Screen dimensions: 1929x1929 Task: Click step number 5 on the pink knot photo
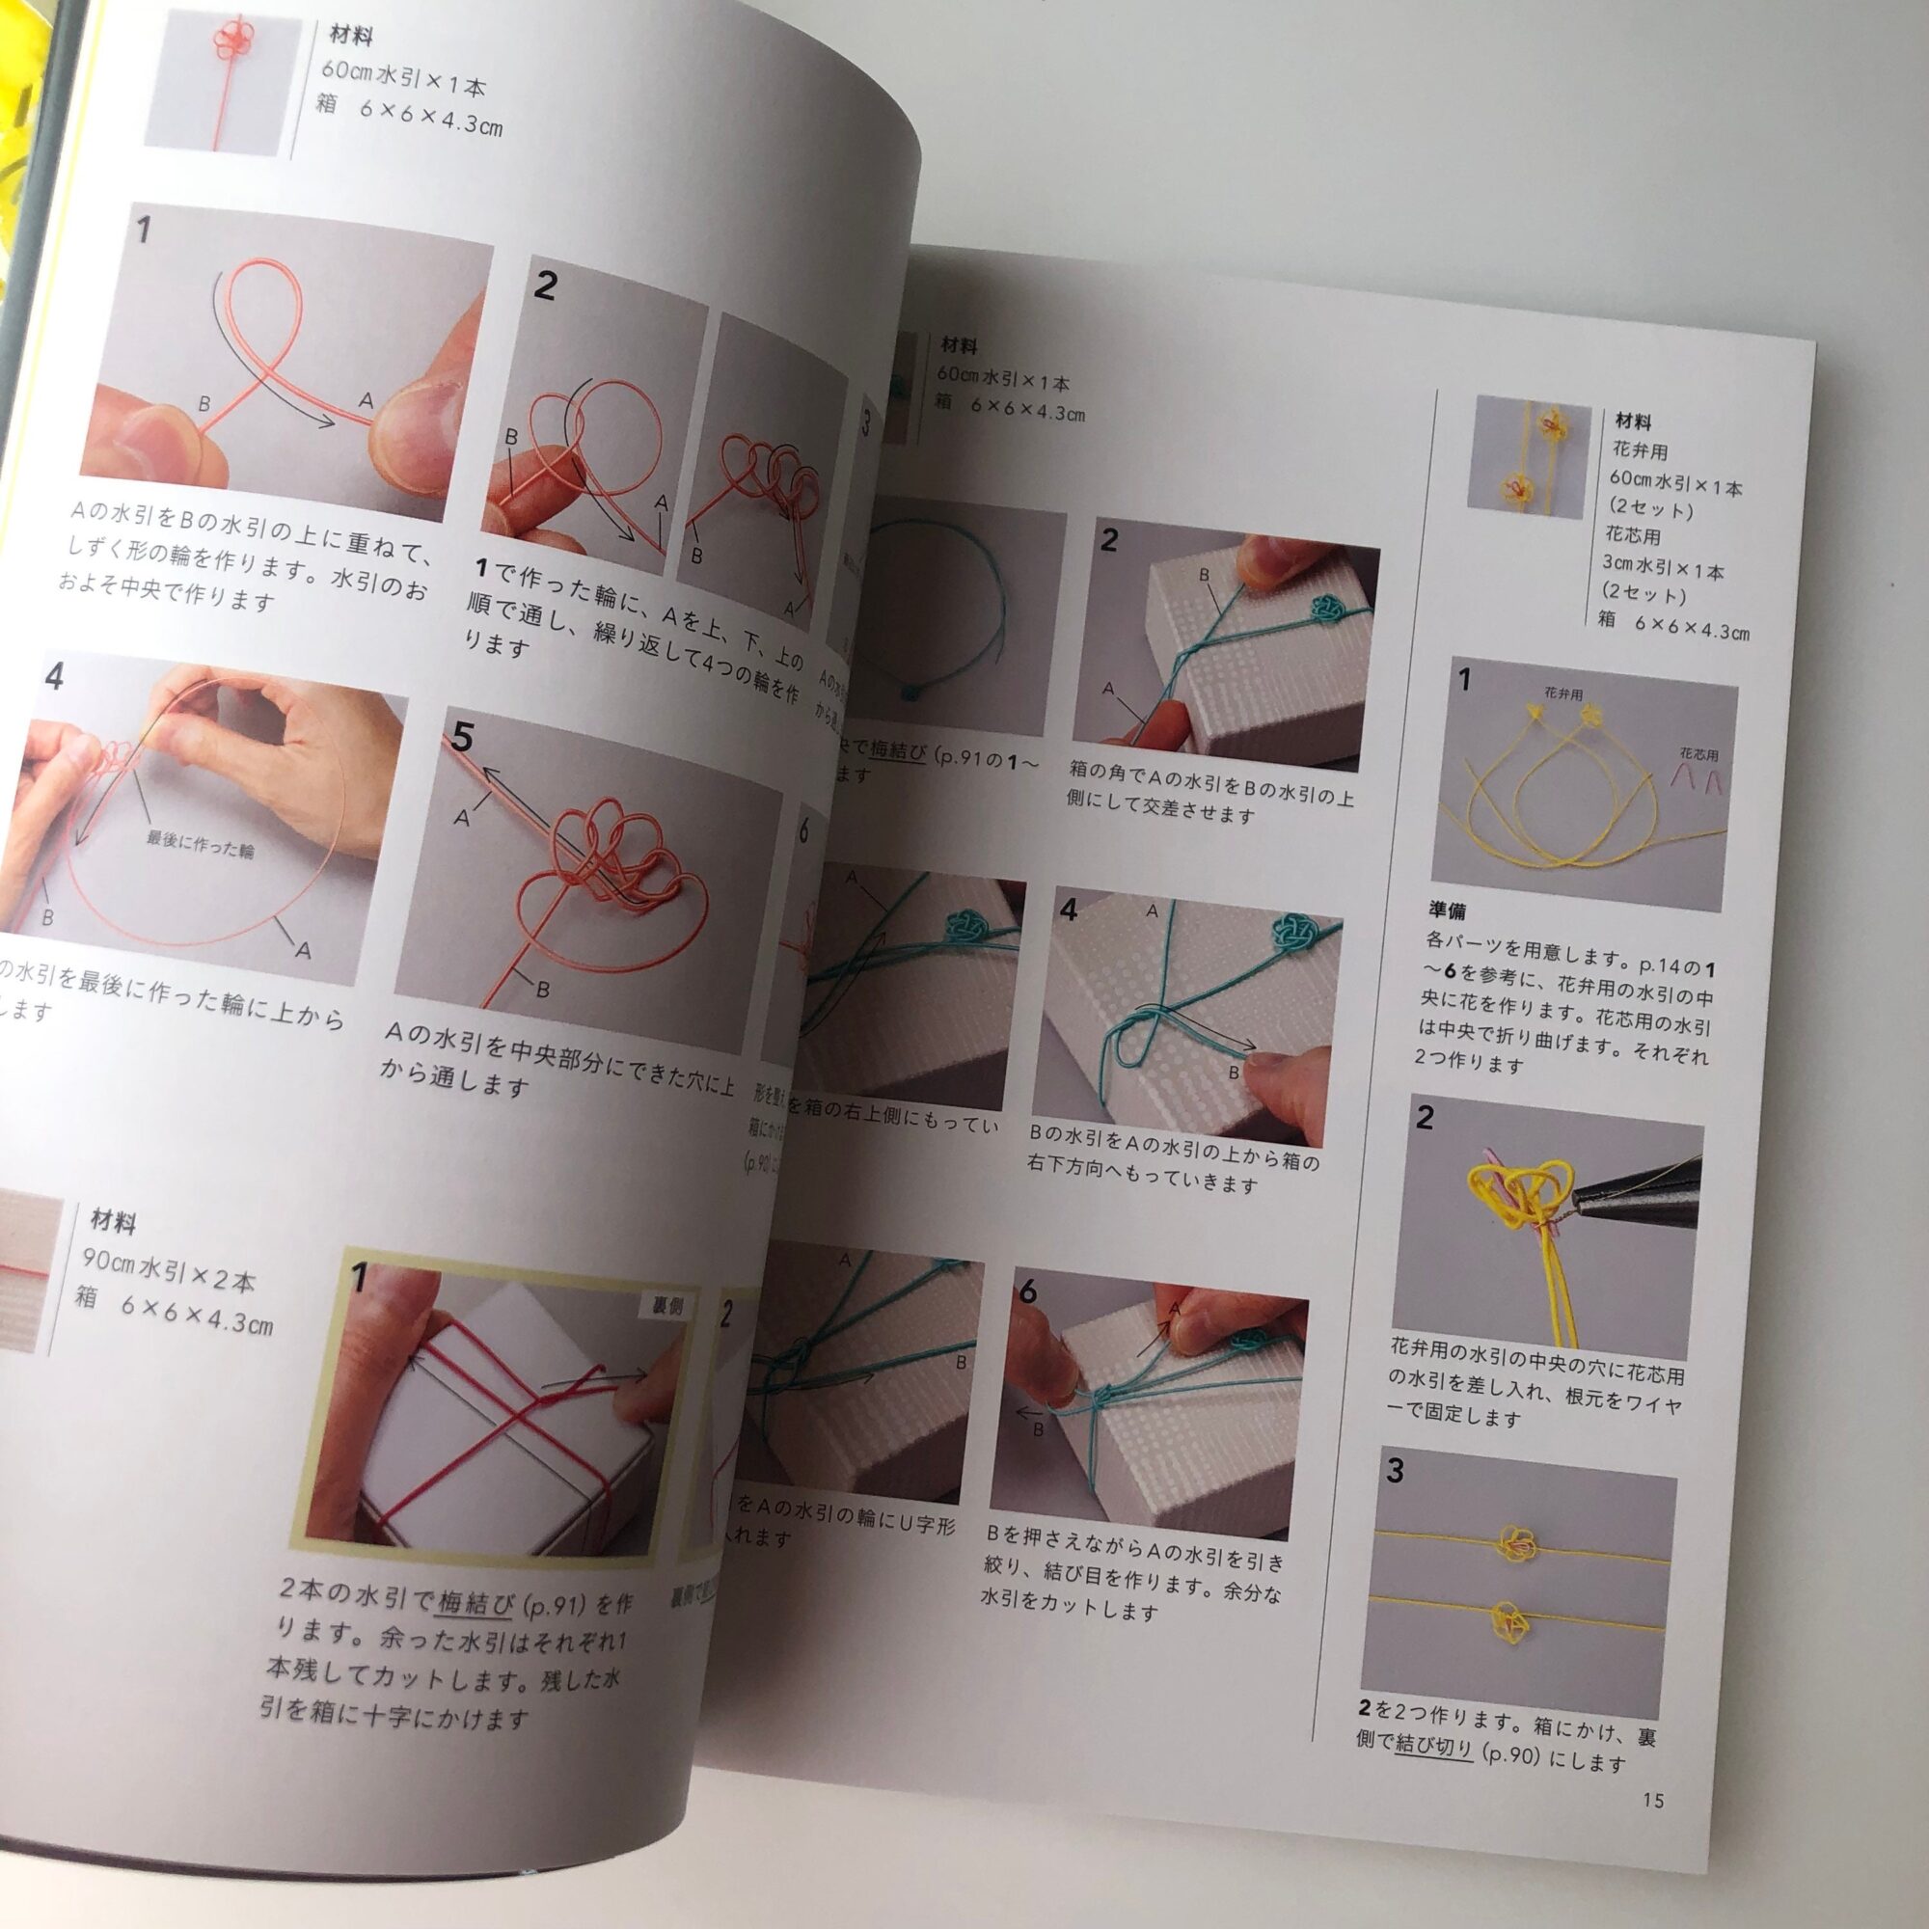[x=462, y=737]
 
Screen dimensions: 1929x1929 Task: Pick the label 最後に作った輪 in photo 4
[x=200, y=844]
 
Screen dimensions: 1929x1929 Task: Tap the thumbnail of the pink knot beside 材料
[x=223, y=84]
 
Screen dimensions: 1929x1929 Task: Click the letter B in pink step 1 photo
[x=204, y=404]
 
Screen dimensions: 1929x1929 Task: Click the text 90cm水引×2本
[x=169, y=1271]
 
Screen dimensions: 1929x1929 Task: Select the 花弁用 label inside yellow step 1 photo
[x=1562, y=692]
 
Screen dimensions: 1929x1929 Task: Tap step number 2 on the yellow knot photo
[x=1425, y=1117]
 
